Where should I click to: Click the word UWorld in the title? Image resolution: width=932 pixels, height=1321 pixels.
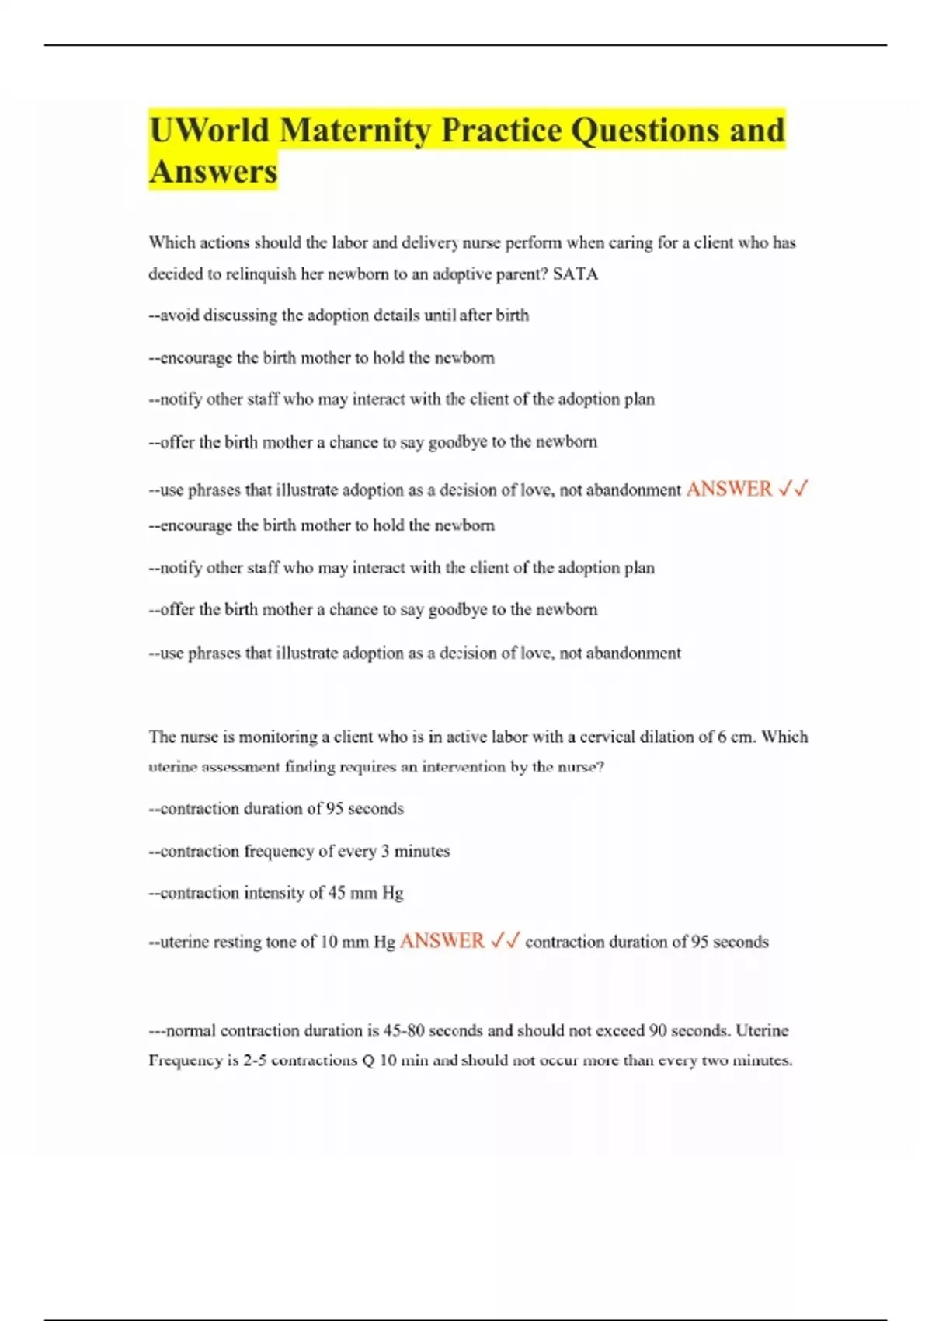click(x=209, y=131)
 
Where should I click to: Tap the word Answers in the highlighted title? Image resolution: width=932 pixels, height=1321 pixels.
click(x=213, y=172)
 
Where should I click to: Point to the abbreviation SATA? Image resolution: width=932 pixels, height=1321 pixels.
click(x=576, y=274)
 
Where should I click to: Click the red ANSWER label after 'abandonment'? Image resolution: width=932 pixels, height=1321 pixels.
click(x=729, y=489)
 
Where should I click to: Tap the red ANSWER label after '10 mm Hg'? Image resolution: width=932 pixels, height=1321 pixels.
click(x=442, y=941)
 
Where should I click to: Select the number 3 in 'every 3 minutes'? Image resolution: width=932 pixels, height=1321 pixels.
click(x=385, y=852)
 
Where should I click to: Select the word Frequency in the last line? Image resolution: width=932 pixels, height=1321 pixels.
click(x=186, y=1061)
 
